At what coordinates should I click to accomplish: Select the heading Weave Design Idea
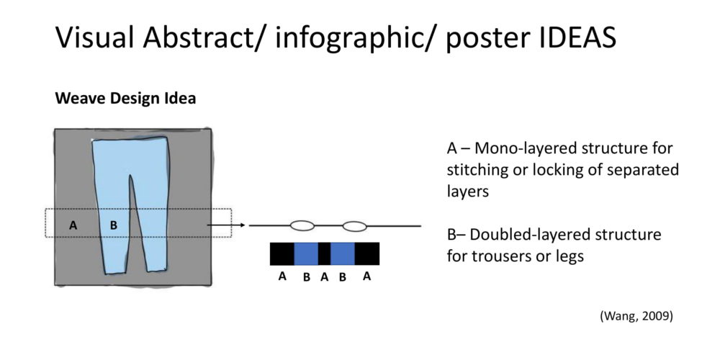pos(125,99)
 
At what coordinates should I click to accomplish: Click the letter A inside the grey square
pos(73,225)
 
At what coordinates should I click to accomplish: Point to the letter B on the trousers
pos(114,225)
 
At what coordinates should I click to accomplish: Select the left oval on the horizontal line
pos(302,226)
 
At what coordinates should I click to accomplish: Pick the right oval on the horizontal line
pos(355,226)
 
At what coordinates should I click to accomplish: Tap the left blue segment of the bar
pos(306,253)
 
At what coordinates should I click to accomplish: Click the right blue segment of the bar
pos(343,253)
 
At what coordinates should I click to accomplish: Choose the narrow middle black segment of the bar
pos(324,253)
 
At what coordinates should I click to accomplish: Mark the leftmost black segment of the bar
pos(282,253)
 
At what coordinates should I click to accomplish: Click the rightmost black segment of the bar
pos(367,253)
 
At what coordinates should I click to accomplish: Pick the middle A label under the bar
pos(325,278)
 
